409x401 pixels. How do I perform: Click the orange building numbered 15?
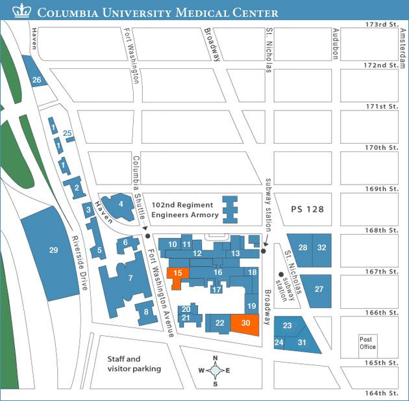[177, 274]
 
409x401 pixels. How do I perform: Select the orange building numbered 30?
[245, 323]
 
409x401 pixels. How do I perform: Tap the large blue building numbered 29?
[53, 250]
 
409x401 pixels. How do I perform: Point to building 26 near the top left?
[36, 80]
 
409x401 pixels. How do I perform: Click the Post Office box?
[367, 343]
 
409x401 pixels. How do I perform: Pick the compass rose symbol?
[216, 371]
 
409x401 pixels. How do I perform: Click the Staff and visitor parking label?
[134, 364]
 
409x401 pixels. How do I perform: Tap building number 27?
[319, 289]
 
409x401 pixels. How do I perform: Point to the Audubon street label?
[336, 44]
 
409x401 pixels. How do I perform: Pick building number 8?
[147, 313]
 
